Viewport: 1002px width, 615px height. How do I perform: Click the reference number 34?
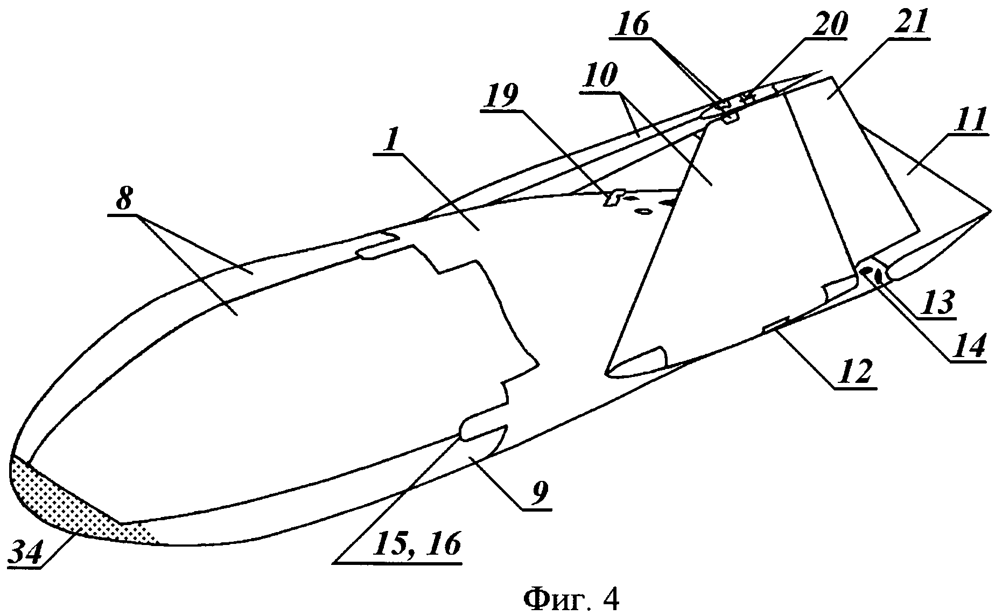tap(26, 553)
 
